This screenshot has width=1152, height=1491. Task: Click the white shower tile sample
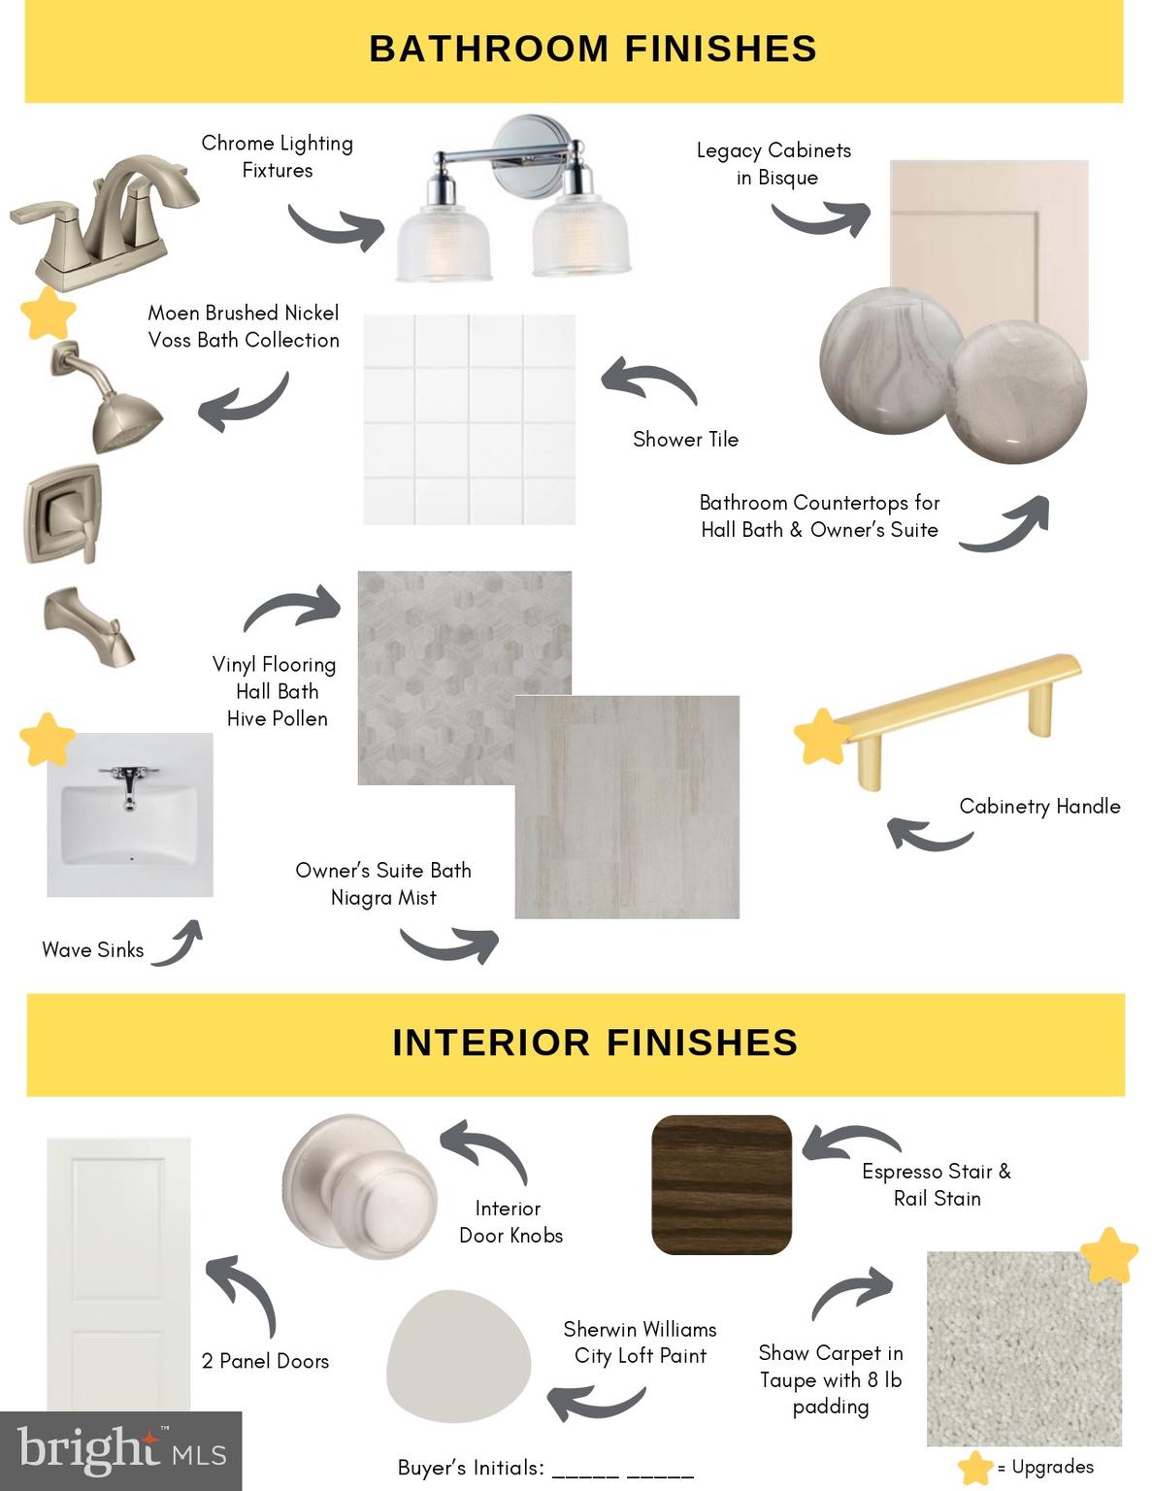469,419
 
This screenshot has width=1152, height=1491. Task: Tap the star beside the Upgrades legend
975,1467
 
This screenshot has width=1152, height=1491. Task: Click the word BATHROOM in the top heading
489,49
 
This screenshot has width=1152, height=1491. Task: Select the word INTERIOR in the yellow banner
491,1043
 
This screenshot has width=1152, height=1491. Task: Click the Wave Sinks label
92,949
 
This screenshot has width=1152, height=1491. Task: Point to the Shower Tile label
686,439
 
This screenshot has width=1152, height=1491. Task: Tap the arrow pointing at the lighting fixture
336,228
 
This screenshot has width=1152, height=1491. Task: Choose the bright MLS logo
121,1450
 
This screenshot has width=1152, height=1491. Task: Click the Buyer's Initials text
471,1468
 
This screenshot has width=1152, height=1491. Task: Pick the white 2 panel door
118,1276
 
